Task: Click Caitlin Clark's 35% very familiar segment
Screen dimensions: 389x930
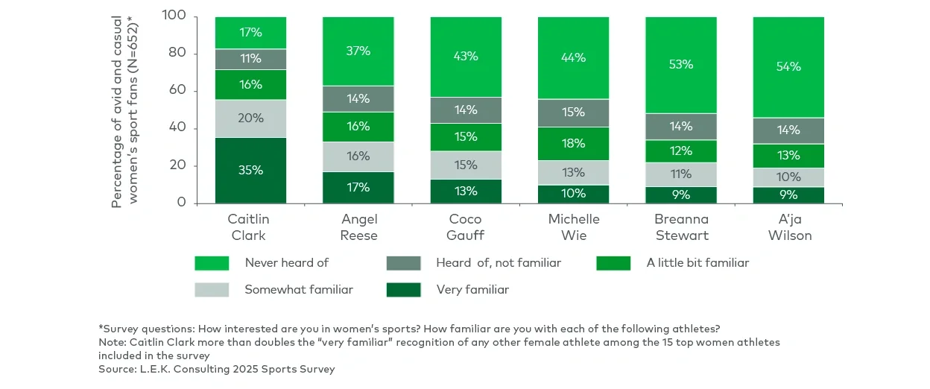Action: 250,170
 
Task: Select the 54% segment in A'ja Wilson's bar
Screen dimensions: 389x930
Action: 788,67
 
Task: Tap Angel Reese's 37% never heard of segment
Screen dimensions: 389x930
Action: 358,51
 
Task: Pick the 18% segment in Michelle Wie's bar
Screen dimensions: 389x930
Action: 573,144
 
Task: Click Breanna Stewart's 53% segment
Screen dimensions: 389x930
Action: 680,65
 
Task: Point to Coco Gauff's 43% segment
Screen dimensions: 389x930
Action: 466,57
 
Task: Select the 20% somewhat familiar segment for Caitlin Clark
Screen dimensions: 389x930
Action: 250,118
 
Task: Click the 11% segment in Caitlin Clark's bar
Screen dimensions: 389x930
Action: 250,59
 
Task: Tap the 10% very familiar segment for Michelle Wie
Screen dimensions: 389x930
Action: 573,194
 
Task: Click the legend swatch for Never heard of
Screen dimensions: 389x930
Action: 212,263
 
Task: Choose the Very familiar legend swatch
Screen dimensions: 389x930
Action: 403,290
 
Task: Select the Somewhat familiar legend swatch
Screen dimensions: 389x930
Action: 212,290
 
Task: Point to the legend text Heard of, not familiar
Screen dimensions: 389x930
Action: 499,263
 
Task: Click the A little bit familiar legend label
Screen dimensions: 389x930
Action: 697,263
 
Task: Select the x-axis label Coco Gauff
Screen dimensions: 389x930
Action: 466,227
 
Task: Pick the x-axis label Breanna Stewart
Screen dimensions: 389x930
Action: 680,227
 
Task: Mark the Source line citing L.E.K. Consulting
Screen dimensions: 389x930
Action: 217,369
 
